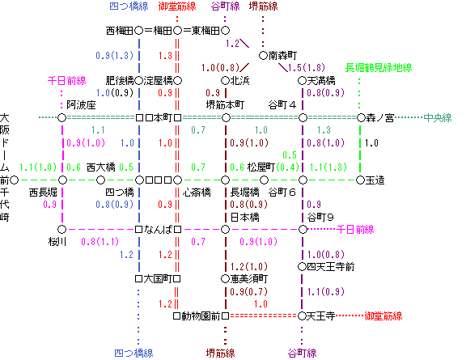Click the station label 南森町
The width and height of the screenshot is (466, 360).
pos(282,56)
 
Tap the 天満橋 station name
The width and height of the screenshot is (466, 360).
pos(321,81)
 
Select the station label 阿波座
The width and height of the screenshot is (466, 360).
pos(81,105)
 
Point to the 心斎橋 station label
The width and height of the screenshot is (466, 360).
pos(197,193)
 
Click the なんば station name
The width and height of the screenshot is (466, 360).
pos(158,229)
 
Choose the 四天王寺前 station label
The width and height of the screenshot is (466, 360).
pos(330,267)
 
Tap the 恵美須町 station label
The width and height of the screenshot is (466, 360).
pos(249,279)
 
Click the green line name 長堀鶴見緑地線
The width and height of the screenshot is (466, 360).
pos(379,68)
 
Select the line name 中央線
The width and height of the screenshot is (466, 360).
pos(438,118)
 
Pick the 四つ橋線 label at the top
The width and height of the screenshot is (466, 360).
pos(129,6)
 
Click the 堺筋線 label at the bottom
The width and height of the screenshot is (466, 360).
pos(220,354)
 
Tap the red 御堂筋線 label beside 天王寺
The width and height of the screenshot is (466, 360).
pos(383,316)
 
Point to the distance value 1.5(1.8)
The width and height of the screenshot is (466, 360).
pos(307,68)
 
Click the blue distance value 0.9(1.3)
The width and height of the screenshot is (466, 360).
pos(114,56)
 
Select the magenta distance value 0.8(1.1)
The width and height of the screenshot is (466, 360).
pos(100,241)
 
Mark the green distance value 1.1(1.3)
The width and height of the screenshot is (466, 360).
pos(328,167)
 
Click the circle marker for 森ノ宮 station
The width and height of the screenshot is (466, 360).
pos(361,118)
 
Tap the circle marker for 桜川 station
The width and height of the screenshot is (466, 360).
pos(61,229)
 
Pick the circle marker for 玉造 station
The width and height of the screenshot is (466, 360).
pos(360,180)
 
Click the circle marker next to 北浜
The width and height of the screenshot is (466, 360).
pos(225,81)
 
